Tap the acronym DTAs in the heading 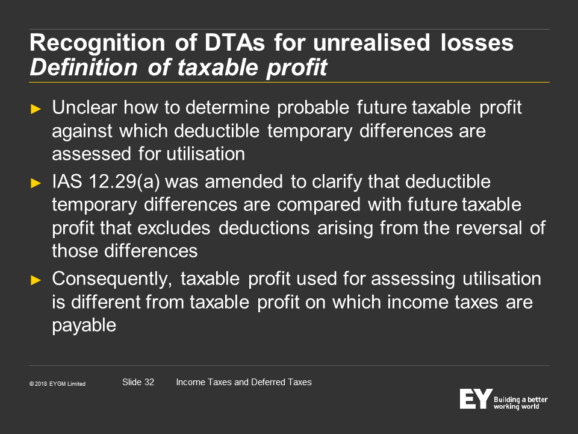click(x=235, y=42)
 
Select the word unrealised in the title click(x=371, y=42)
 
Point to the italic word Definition click(x=84, y=68)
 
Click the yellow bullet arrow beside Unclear click(x=36, y=109)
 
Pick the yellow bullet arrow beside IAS click(x=36, y=183)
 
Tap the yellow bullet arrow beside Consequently click(x=36, y=280)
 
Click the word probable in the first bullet click(x=313, y=108)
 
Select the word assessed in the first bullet click(x=92, y=154)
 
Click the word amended click(x=244, y=182)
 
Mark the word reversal click(x=489, y=228)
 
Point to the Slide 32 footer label click(x=138, y=382)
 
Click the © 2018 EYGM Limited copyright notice click(x=57, y=384)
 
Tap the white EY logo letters click(x=476, y=398)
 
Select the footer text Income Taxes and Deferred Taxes click(x=244, y=382)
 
